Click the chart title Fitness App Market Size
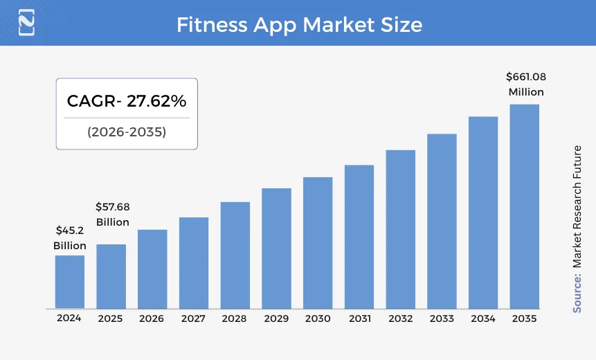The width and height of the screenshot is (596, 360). (299, 25)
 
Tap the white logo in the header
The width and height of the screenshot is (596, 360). (26, 23)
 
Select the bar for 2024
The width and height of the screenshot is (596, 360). (70, 282)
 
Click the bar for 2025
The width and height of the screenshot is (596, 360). (111, 276)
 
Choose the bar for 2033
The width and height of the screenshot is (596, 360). (442, 221)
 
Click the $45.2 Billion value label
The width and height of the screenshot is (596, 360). (70, 238)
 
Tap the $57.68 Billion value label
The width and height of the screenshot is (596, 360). (112, 215)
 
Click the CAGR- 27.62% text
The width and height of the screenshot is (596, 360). (127, 101)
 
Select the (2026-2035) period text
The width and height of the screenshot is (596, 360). (127, 132)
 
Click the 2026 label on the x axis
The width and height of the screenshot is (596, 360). (152, 318)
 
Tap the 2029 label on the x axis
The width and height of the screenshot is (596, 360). (276, 318)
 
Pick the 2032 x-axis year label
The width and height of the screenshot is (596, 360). (400, 318)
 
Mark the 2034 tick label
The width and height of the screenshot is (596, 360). (482, 318)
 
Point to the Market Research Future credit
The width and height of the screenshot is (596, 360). (577, 206)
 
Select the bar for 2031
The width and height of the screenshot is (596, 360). (359, 237)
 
